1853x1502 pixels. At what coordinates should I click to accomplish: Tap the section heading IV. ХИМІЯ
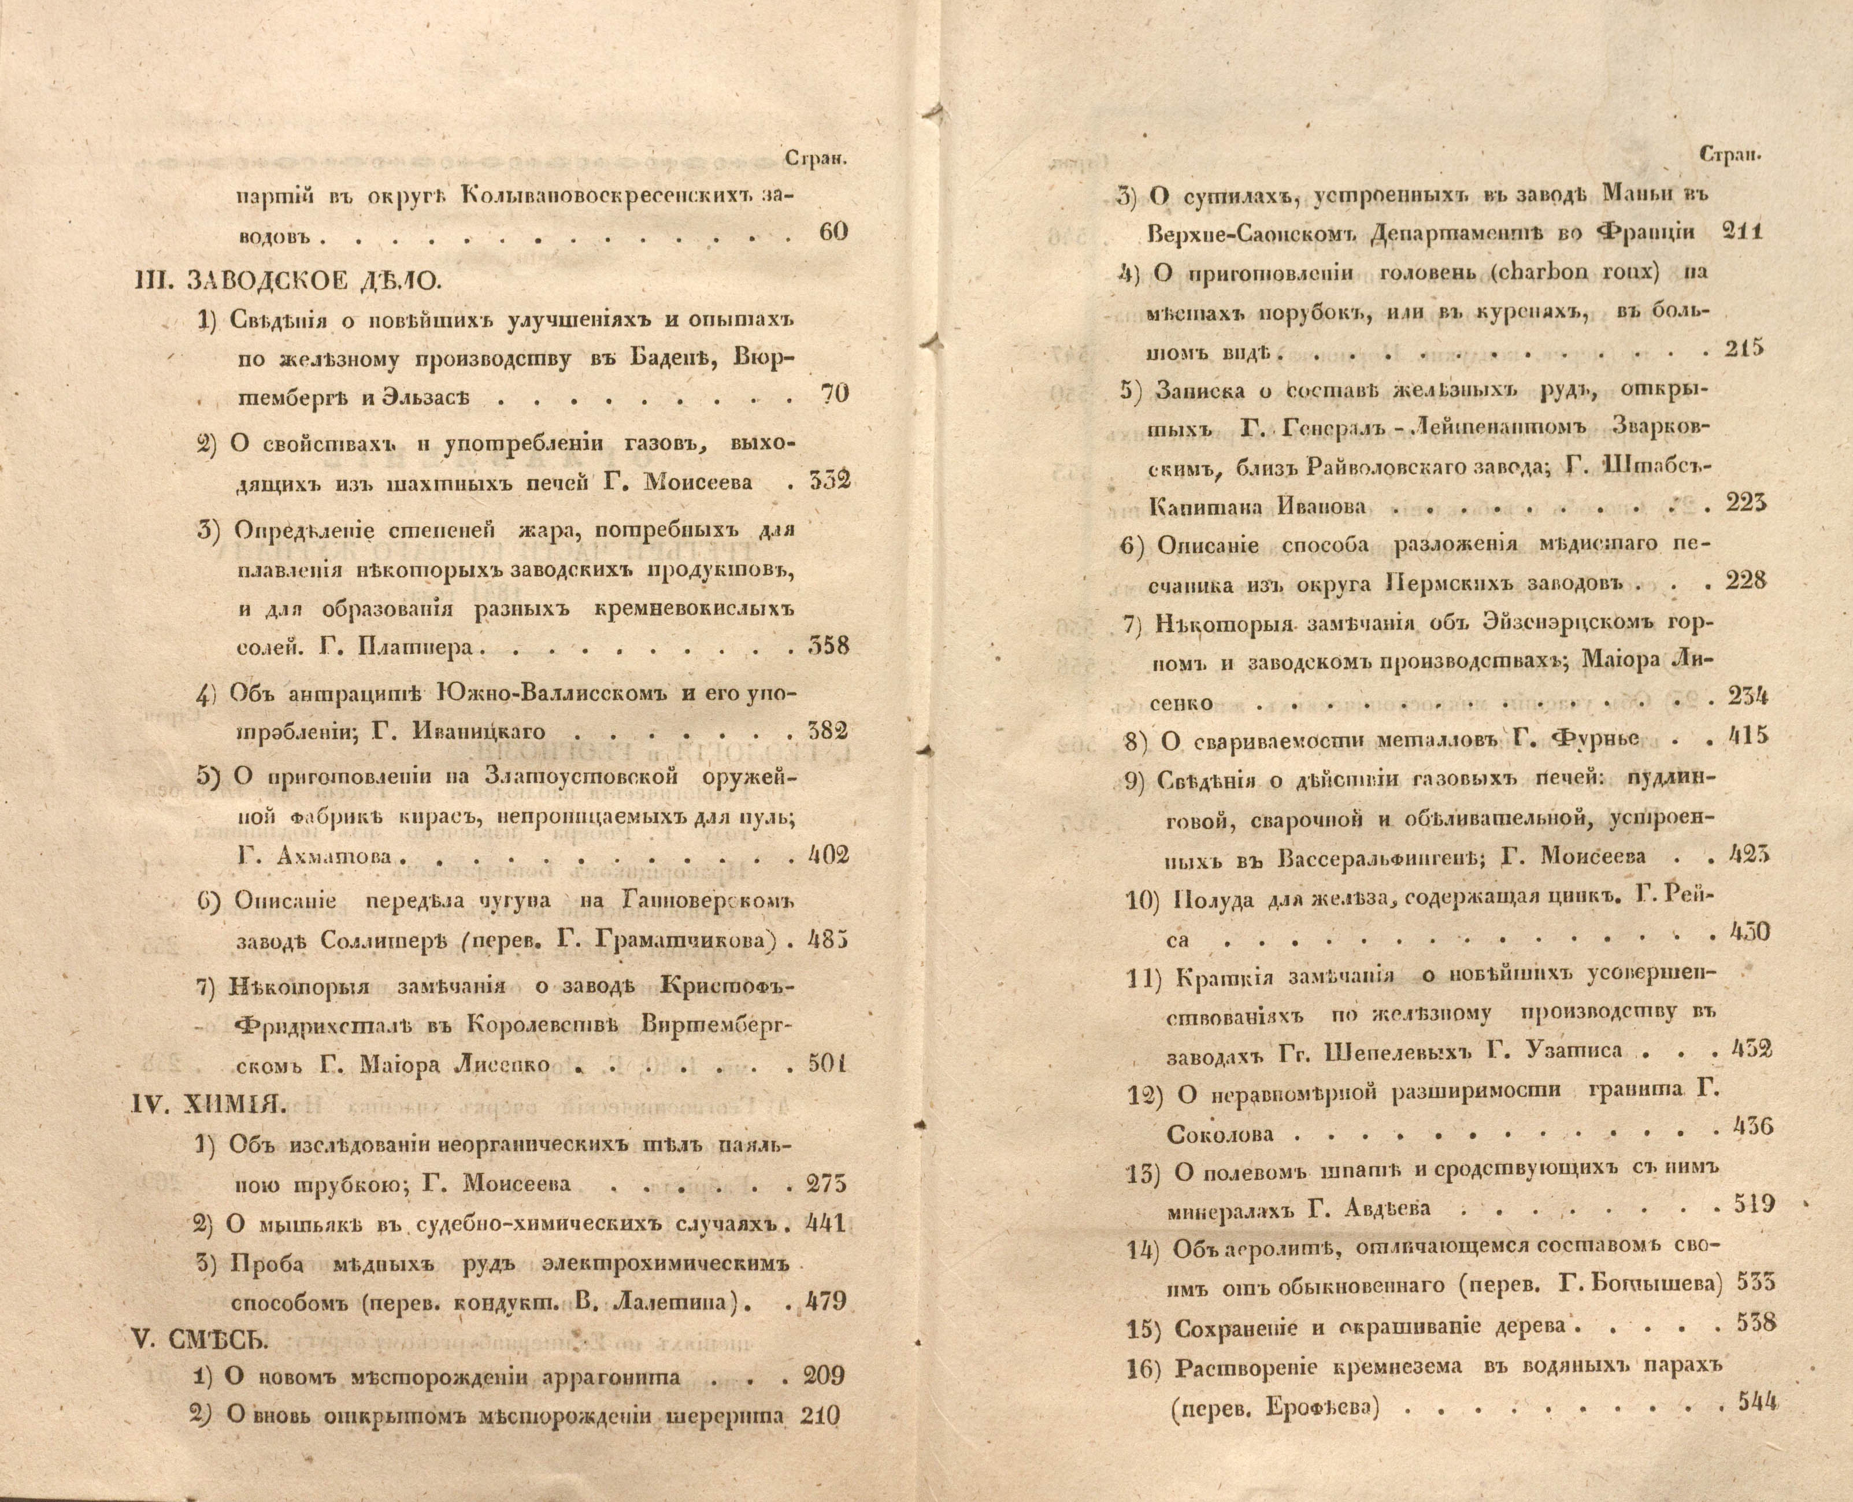point(207,1103)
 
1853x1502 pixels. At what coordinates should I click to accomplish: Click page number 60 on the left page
point(831,232)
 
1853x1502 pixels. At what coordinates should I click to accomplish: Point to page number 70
point(832,394)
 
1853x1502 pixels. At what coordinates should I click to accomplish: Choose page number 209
point(824,1375)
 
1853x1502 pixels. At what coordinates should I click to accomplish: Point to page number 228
point(1745,581)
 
